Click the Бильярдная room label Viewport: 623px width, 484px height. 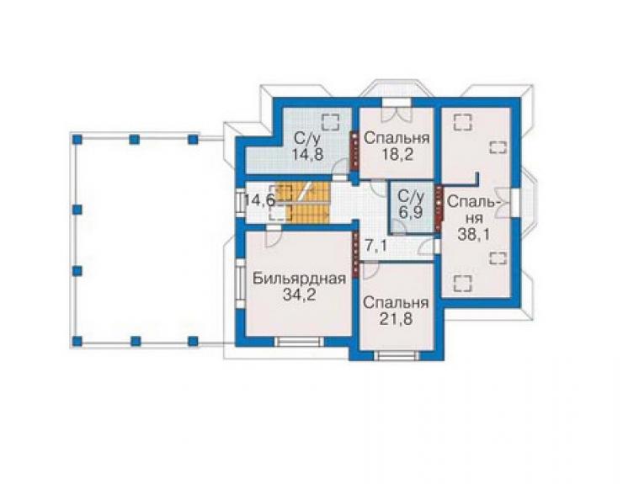point(299,278)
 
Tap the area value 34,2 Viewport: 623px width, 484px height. point(299,295)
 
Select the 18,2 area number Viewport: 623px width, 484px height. point(397,154)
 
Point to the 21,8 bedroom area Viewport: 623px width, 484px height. point(397,319)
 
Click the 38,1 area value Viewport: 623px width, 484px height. point(473,235)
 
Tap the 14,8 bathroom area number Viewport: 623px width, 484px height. point(307,154)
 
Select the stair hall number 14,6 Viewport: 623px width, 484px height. point(259,199)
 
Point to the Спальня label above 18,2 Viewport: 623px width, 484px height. point(397,138)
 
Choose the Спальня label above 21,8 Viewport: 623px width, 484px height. point(397,303)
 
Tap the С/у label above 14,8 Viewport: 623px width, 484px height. point(307,139)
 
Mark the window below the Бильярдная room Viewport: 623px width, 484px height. point(300,342)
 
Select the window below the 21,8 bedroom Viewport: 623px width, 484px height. point(397,356)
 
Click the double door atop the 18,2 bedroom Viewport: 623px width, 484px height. point(397,114)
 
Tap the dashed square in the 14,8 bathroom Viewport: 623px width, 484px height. point(331,121)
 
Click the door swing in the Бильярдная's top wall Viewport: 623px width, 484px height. point(274,237)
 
